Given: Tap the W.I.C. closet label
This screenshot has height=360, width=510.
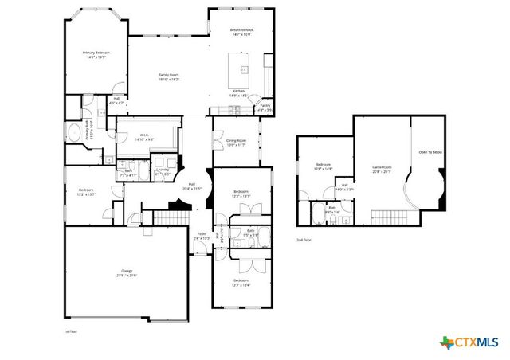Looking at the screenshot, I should pos(145,137).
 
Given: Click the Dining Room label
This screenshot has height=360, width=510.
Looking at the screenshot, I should pos(237,143).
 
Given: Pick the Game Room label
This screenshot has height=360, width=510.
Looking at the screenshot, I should pos(382,169).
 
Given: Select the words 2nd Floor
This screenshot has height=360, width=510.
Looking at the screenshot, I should pos(303,239).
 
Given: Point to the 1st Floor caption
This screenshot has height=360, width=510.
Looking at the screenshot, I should pos(71,331).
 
